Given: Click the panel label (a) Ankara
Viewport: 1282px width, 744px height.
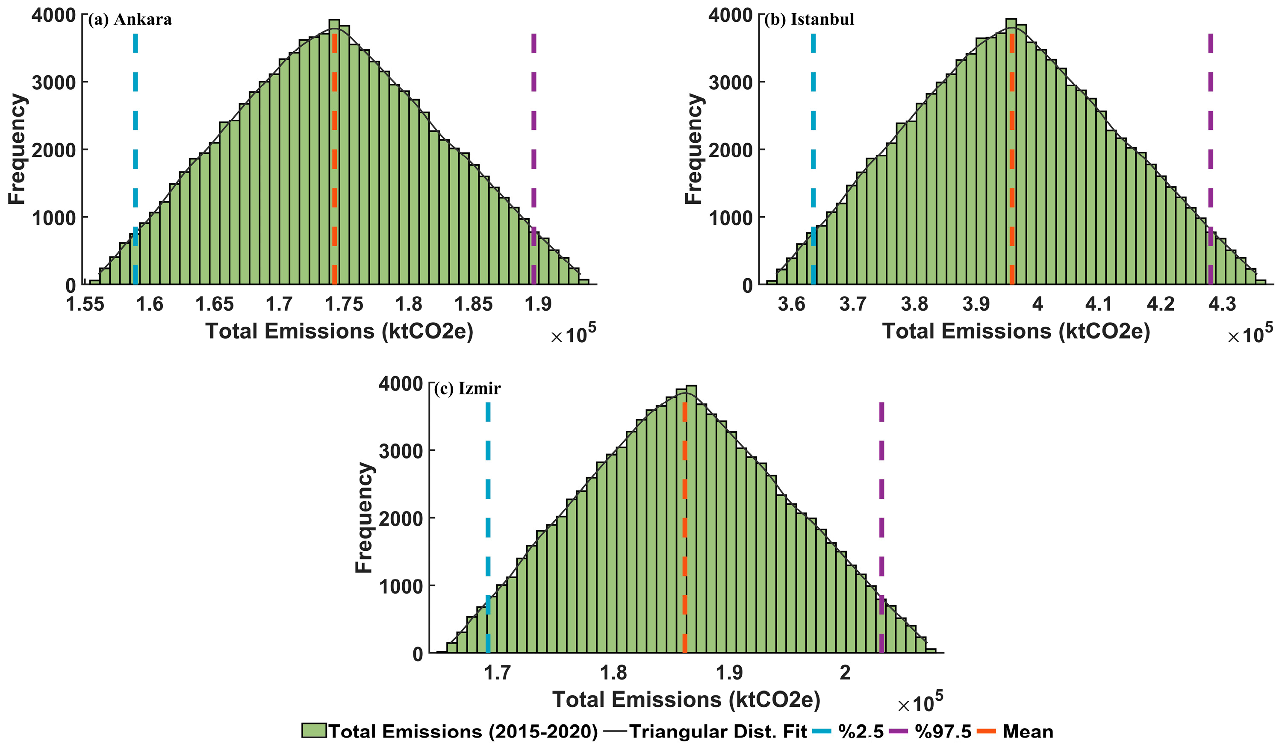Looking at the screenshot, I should coord(130,19).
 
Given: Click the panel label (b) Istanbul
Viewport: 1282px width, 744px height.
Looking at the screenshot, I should coord(809,19).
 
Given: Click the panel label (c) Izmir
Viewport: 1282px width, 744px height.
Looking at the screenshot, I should coord(467,388).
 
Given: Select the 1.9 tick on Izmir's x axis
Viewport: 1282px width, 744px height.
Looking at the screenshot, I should coord(729,673).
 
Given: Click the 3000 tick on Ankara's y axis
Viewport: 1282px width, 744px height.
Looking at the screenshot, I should coord(53,82).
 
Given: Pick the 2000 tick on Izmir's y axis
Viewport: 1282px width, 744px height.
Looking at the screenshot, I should coord(401,519).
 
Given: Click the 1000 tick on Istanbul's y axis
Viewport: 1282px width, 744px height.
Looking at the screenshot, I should coord(730,218).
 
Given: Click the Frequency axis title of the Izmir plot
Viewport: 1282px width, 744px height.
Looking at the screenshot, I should coord(364,518).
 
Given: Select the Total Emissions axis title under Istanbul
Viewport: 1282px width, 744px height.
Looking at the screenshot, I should coord(1016,332).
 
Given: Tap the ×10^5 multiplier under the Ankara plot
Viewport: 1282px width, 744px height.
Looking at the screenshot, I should coord(573,335).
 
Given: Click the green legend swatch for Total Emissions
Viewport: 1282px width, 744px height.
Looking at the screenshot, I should coord(313,731).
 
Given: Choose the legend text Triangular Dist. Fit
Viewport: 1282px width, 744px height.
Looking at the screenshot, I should coord(718,731).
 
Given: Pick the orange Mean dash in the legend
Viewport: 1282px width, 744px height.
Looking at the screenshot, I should coord(987,731).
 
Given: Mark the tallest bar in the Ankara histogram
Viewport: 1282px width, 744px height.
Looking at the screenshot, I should coord(334,153).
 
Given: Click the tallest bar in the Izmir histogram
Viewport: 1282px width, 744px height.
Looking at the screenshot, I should coord(691,519).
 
